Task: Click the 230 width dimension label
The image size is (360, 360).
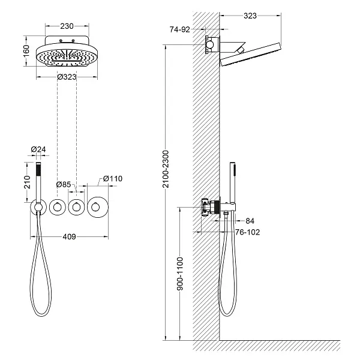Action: pyautogui.click(x=67, y=26)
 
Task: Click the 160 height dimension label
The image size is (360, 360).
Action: pyautogui.click(x=26, y=51)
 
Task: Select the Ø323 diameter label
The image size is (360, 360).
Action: pyautogui.click(x=67, y=77)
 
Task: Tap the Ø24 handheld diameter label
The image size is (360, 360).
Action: pyautogui.click(x=38, y=149)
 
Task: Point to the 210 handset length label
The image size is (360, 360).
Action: pyautogui.click(x=27, y=182)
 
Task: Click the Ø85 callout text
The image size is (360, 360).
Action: pyautogui.click(x=64, y=184)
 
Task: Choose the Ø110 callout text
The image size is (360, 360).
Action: pyautogui.click(x=113, y=179)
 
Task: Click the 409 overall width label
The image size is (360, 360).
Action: pyautogui.click(x=69, y=237)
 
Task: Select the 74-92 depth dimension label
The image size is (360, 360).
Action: pyautogui.click(x=180, y=29)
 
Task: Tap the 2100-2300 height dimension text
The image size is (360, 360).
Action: pyautogui.click(x=166, y=169)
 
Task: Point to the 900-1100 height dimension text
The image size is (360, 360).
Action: pyautogui.click(x=180, y=274)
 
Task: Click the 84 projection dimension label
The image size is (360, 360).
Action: pyautogui.click(x=250, y=221)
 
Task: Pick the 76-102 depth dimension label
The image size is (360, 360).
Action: pyautogui.click(x=247, y=232)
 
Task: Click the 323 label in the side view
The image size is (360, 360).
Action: pyautogui.click(x=250, y=16)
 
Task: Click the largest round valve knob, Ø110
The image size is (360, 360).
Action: pyautogui.click(x=98, y=208)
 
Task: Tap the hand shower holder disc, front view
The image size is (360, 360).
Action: pyautogui.click(x=38, y=208)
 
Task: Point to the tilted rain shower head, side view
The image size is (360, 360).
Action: pyautogui.click(x=250, y=54)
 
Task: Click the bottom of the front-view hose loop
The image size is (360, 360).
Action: pyautogui.click(x=42, y=315)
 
